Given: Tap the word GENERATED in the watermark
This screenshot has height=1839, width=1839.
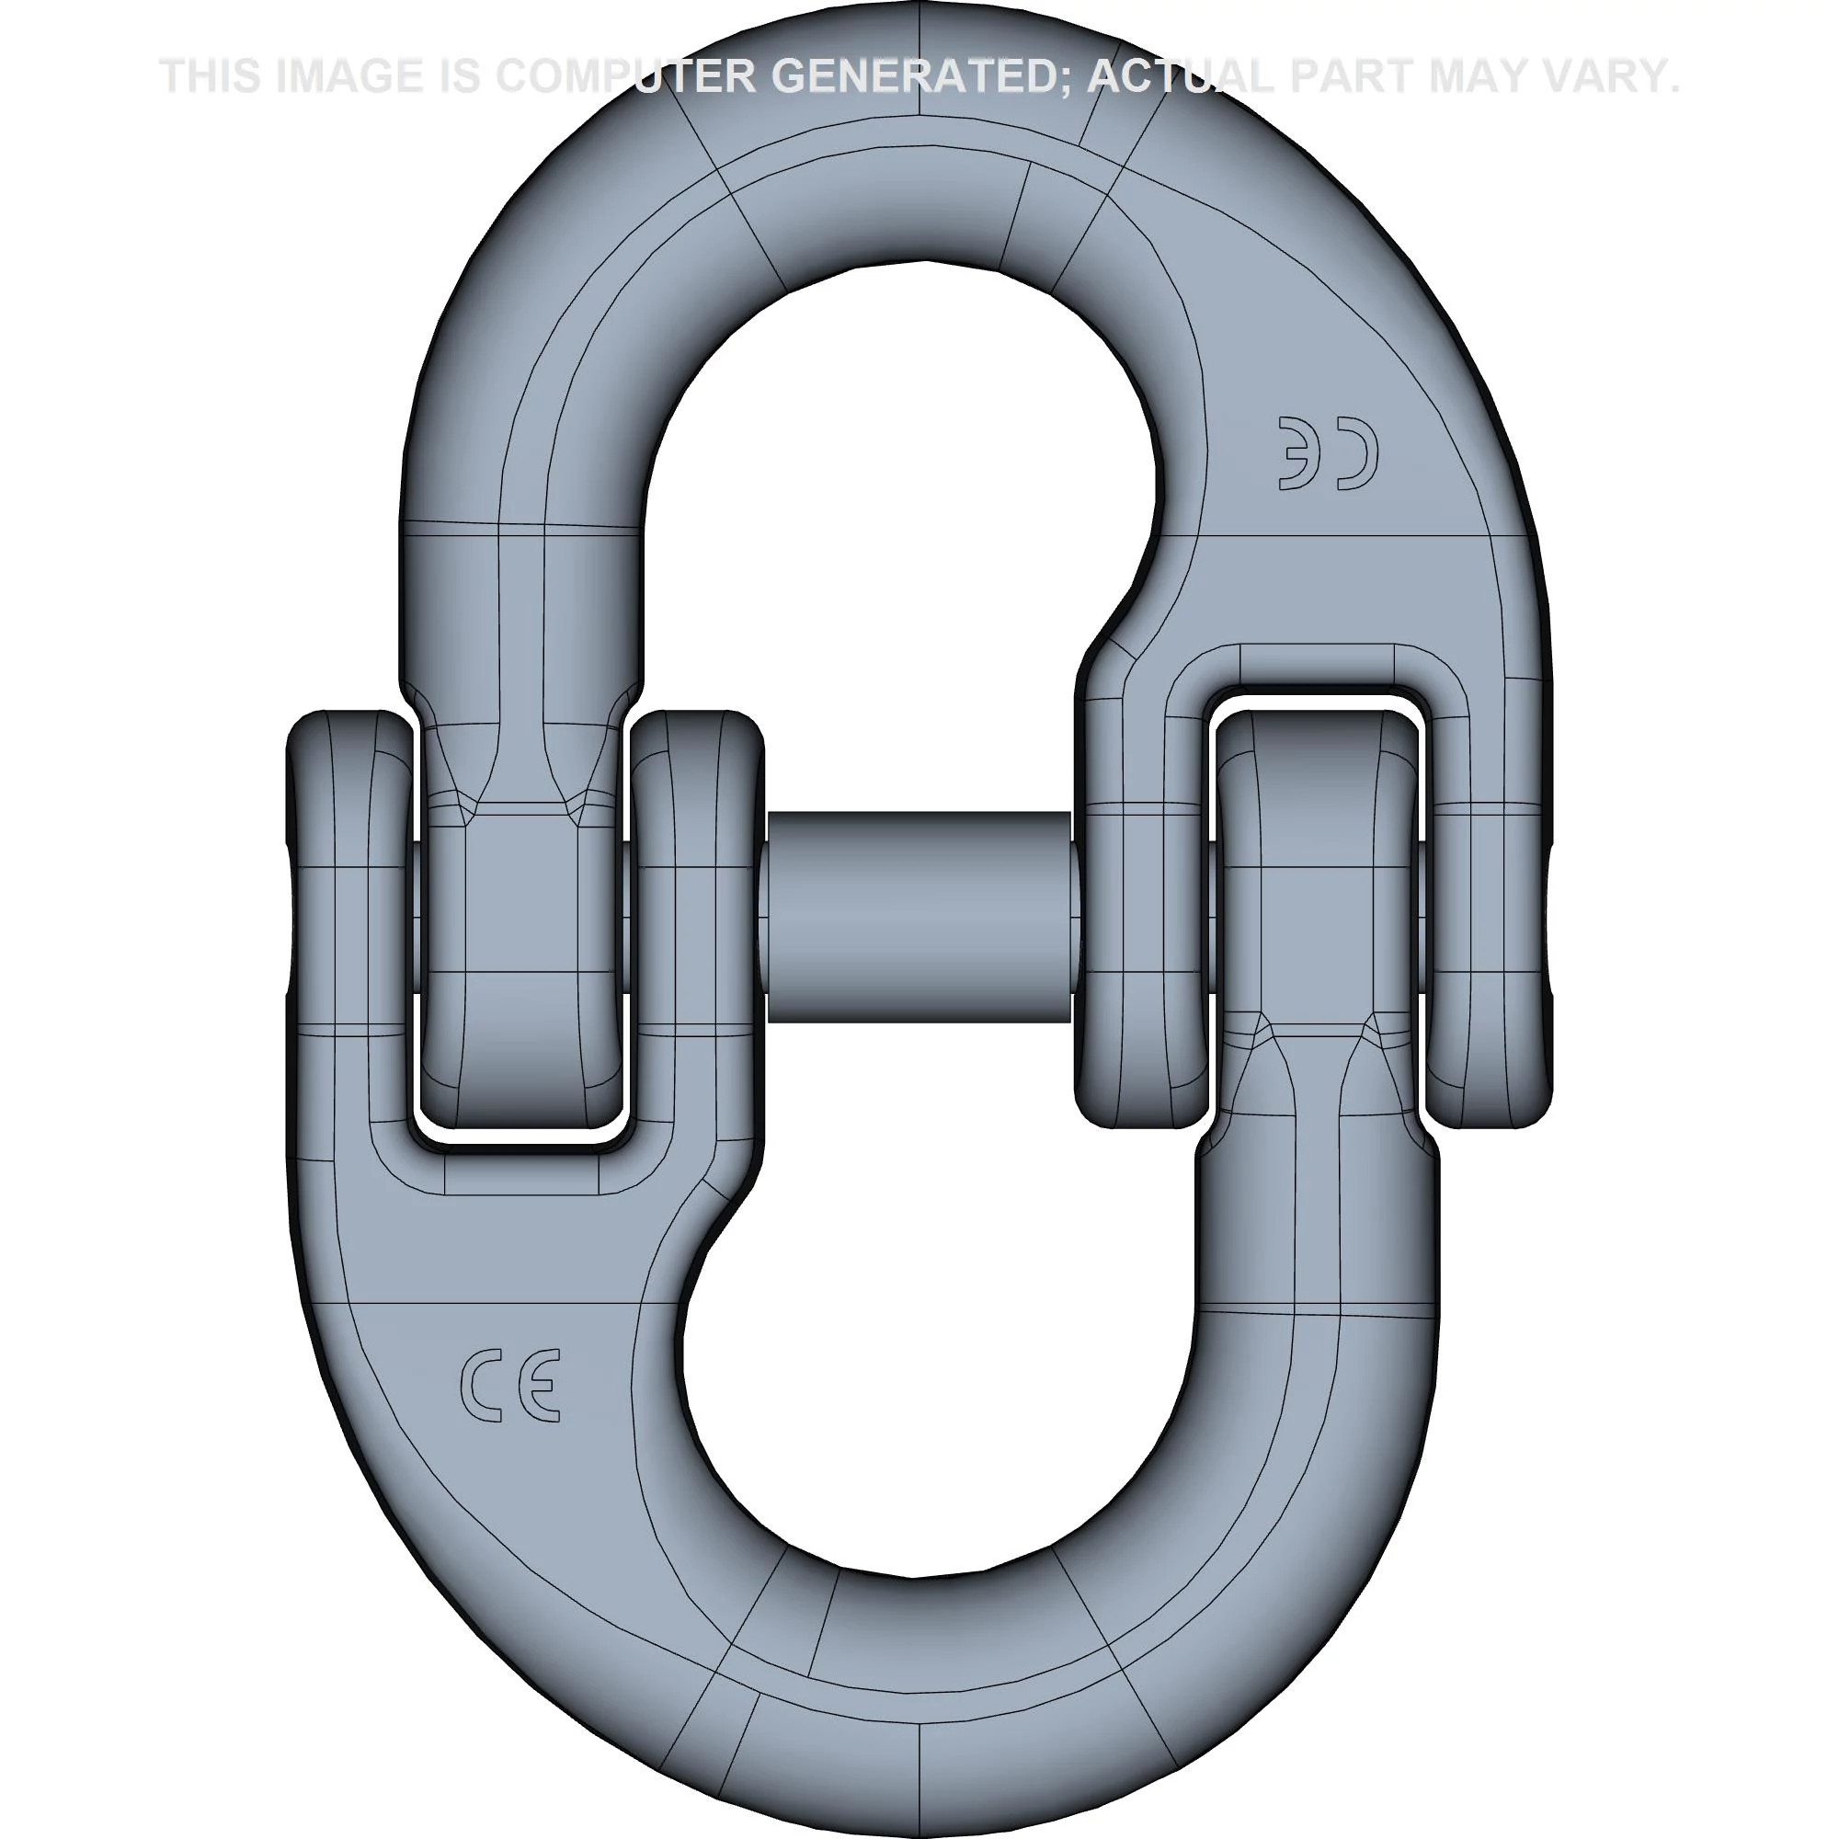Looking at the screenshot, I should click(916, 76).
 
